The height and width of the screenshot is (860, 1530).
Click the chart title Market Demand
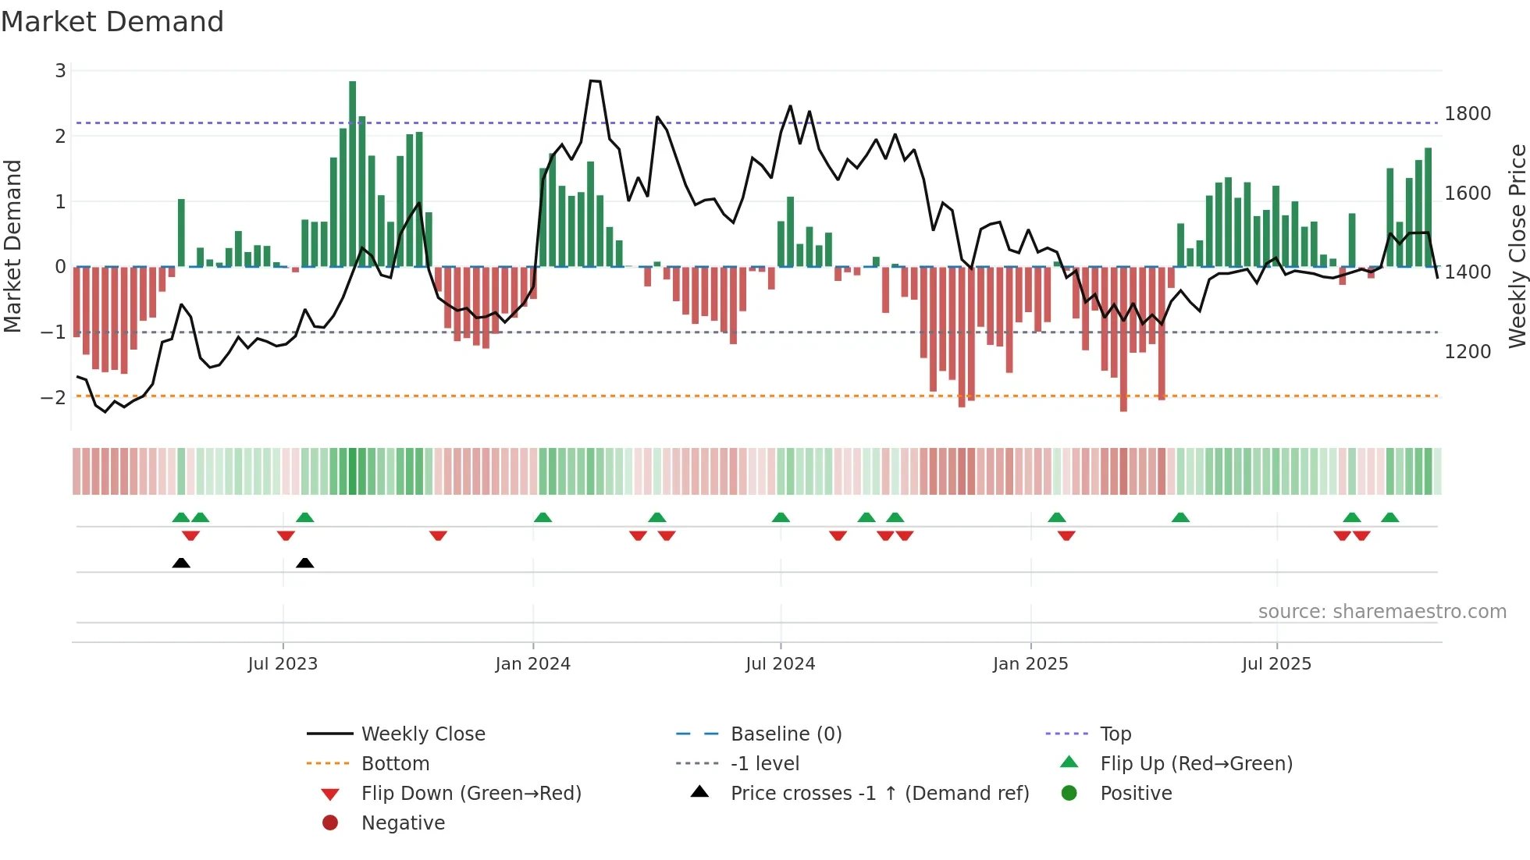[x=112, y=22]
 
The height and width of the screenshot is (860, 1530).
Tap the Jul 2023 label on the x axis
[x=283, y=664]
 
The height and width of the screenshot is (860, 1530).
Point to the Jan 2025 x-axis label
[x=1030, y=664]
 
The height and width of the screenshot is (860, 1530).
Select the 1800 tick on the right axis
[x=1468, y=114]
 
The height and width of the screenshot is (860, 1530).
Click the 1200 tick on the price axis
[x=1468, y=352]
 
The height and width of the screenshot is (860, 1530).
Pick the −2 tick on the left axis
[x=53, y=398]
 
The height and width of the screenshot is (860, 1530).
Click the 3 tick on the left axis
[x=60, y=71]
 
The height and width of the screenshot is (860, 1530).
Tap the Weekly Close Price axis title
[x=1517, y=246]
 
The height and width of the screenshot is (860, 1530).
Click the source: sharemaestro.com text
[x=1382, y=612]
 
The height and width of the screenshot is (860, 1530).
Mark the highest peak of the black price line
[x=595, y=81]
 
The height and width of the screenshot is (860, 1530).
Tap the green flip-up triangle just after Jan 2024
[x=543, y=517]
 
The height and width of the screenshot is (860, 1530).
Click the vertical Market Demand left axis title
[x=12, y=246]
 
